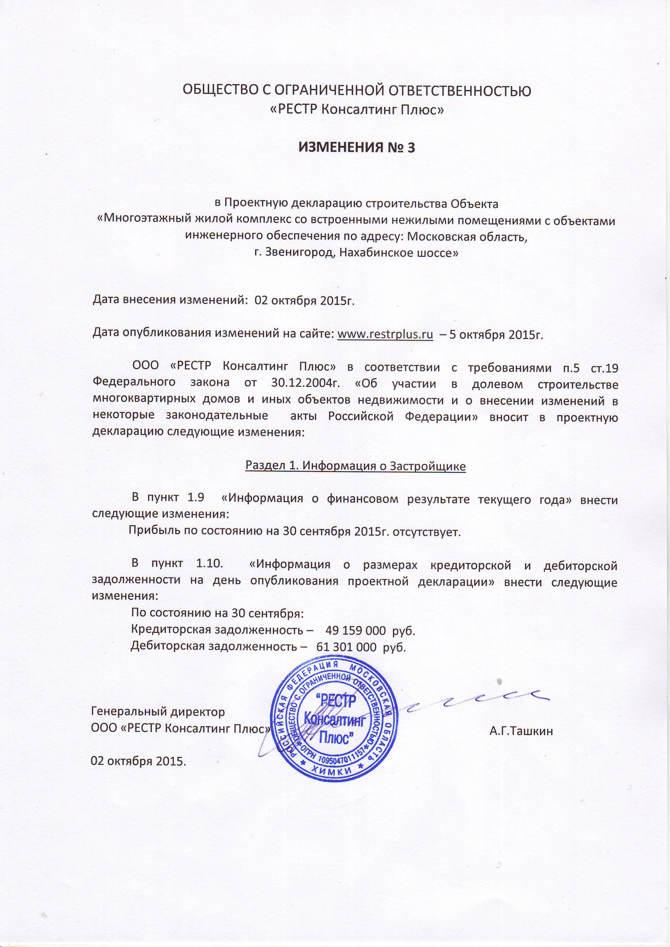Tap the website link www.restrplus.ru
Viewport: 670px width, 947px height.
point(385,334)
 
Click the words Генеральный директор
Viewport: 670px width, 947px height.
point(158,712)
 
